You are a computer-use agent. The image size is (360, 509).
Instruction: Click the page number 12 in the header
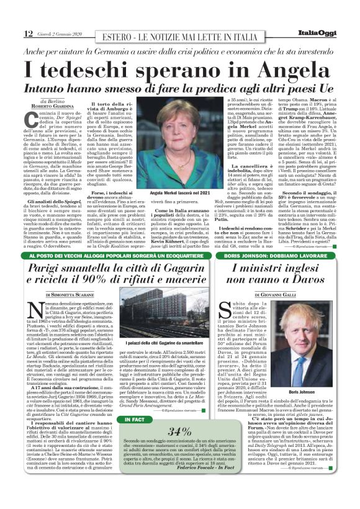coord(28,33)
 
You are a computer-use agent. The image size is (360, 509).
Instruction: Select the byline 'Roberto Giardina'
coord(61,106)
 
